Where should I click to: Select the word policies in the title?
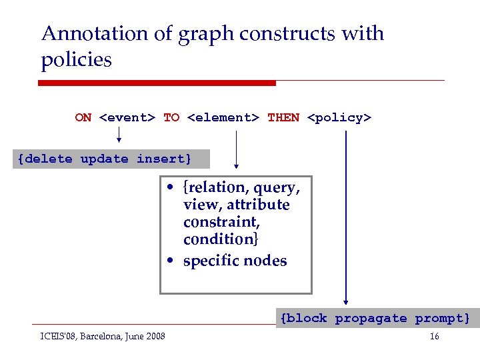[x=76, y=60]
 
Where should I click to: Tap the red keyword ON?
[x=83, y=118]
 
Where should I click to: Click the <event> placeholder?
[x=127, y=118]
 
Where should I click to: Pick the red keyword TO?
[x=171, y=118]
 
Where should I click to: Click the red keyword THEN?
[x=283, y=118]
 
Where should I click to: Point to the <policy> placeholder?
[x=339, y=118]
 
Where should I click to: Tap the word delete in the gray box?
[x=48, y=159]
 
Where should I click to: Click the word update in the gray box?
[x=104, y=159]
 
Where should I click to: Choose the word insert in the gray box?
[x=163, y=159]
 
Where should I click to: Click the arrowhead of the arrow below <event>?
[x=119, y=141]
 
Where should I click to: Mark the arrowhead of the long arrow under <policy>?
[x=345, y=301]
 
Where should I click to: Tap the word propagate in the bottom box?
[x=371, y=319]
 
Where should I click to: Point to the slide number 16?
[x=434, y=337]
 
